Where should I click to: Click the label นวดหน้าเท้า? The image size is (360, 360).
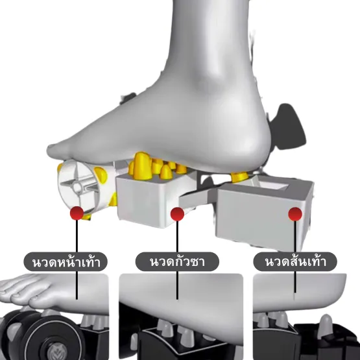(66, 262)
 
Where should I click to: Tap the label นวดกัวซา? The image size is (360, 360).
(177, 262)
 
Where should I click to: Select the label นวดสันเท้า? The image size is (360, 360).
(295, 262)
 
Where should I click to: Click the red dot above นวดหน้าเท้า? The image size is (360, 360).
(77, 213)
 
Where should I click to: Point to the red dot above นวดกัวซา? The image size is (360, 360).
(177, 214)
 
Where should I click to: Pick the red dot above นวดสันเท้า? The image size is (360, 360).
(295, 214)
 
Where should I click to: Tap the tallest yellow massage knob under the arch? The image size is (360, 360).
(142, 166)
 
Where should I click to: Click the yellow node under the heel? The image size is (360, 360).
(239, 177)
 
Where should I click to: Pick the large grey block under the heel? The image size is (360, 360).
(264, 213)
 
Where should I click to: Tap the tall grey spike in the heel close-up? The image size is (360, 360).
(326, 326)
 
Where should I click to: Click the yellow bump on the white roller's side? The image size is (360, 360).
(101, 174)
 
